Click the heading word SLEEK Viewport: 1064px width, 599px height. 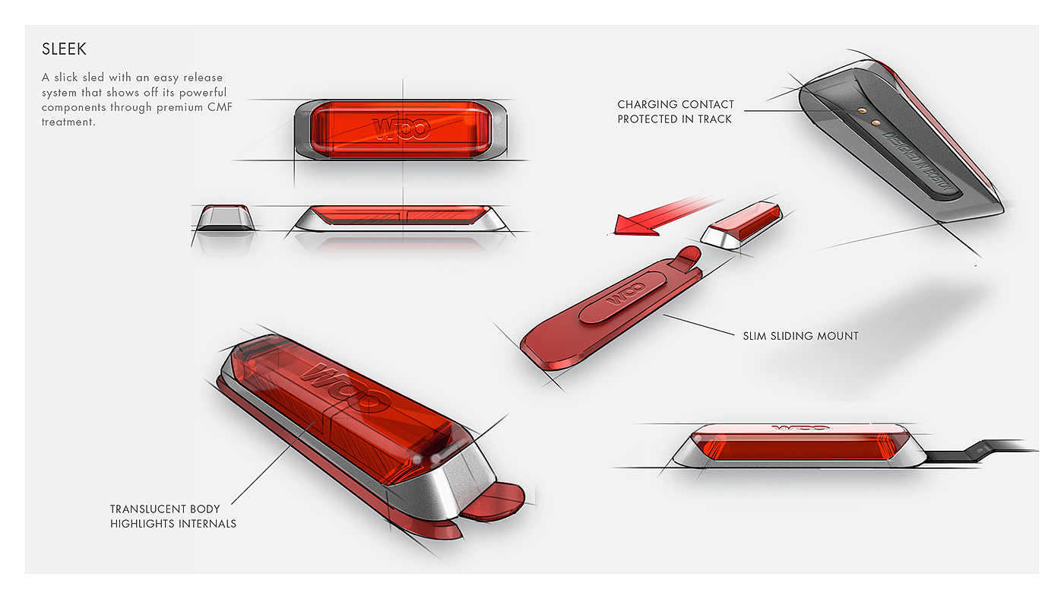point(64,49)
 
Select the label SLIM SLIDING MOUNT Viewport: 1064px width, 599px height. point(800,336)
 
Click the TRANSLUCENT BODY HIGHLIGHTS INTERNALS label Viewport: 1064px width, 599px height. point(173,516)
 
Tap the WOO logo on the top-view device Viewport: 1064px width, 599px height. point(401,128)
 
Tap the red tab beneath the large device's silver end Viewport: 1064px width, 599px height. point(494,502)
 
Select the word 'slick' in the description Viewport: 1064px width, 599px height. point(65,78)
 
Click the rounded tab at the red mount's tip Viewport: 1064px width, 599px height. point(687,257)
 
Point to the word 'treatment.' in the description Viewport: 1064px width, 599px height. point(68,122)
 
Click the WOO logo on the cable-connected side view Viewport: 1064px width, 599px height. point(800,428)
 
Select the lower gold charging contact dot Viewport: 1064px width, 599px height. point(876,122)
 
